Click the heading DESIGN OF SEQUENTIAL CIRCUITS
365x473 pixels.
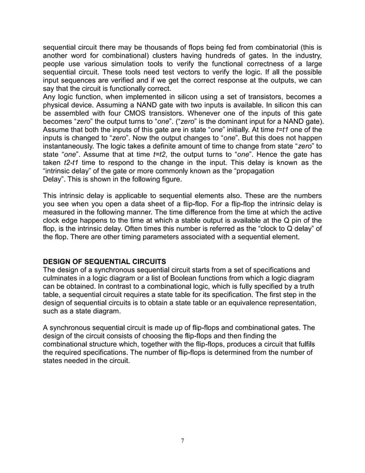(x=105, y=262)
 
